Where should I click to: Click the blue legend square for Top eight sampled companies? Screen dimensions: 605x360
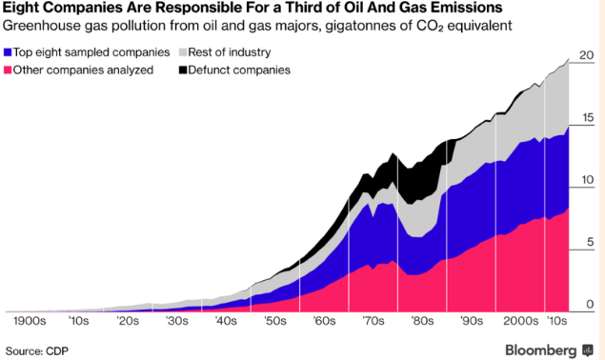tap(8, 52)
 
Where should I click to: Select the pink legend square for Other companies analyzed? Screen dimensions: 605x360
tap(8, 70)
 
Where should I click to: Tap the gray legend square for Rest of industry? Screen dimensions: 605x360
tap(183, 52)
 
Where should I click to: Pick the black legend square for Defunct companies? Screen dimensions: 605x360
tap(183, 70)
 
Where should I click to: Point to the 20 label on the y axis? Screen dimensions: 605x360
tap(587, 55)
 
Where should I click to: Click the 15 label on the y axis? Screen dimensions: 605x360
tap(587, 118)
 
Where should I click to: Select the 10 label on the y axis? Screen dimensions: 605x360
tap(587, 180)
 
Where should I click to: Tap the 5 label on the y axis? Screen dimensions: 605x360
tap(590, 242)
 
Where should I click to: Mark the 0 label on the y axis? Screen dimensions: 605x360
tap(590, 304)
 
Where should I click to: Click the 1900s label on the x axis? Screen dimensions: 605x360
tap(30, 321)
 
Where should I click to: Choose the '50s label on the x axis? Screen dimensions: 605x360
tap(275, 321)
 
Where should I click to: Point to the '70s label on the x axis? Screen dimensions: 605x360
tap(373, 321)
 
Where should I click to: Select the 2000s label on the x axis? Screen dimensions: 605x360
tap(520, 321)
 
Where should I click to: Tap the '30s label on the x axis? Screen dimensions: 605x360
tap(177, 321)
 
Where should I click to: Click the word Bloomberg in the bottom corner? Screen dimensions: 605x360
tap(541, 350)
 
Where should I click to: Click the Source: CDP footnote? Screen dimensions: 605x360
tap(37, 351)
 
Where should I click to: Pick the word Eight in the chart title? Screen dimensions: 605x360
tap(22, 7)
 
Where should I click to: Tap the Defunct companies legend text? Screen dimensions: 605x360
tap(239, 70)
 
